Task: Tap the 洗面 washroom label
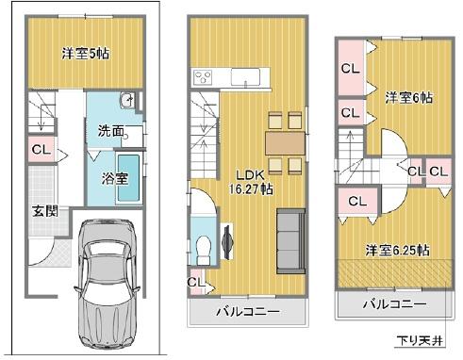[110, 132]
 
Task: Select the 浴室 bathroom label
[114, 177]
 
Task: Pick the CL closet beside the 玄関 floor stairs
[41, 150]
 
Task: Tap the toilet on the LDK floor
[203, 247]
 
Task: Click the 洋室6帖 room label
[407, 98]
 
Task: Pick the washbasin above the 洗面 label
[128, 102]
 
